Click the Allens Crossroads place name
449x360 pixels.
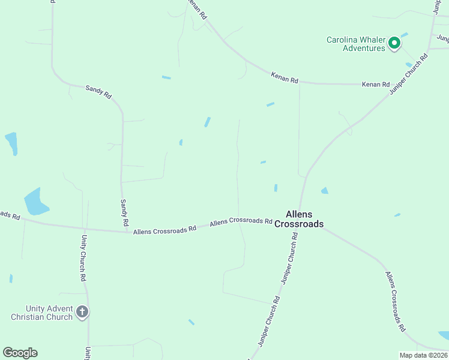[299, 219]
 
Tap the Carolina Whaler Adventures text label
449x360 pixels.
[355, 44]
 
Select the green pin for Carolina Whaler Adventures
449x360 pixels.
[394, 43]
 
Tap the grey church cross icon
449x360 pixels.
[83, 312]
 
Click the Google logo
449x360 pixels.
[20, 353]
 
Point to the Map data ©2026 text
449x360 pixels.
[423, 355]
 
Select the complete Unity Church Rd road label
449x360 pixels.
[83, 258]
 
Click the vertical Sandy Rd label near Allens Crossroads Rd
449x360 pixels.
[124, 213]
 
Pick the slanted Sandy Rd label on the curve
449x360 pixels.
[98, 91]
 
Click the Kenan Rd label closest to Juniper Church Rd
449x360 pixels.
[376, 85]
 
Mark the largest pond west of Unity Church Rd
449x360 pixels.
[35, 202]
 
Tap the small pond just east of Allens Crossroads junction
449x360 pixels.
[325, 191]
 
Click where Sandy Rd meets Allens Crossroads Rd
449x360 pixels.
[128, 230]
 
